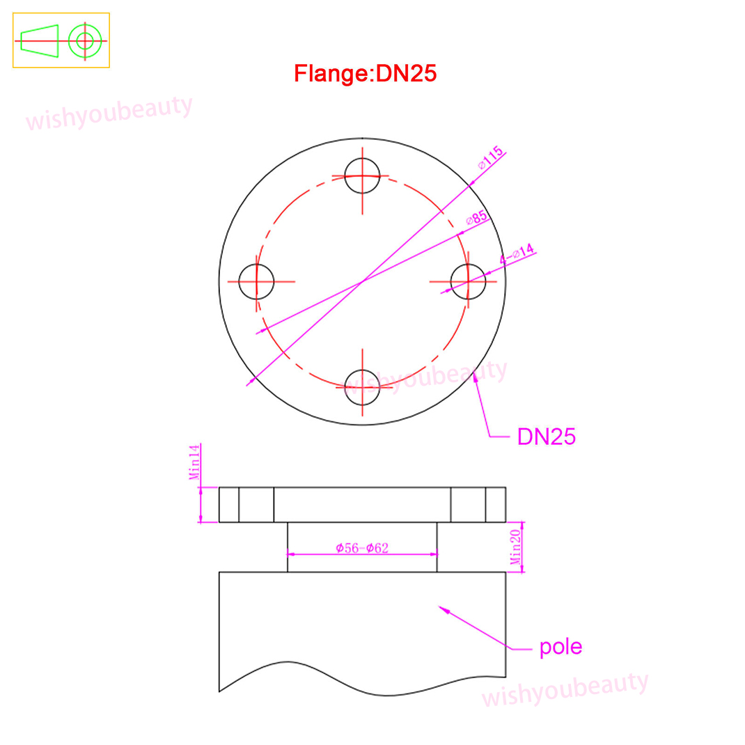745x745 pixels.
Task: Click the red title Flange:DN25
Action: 365,74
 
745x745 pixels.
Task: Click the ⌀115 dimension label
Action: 491,158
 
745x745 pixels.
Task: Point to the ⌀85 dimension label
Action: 476,218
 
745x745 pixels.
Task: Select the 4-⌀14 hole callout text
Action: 517,254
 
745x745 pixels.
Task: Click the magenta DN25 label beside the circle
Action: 547,437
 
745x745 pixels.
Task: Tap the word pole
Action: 560,647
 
